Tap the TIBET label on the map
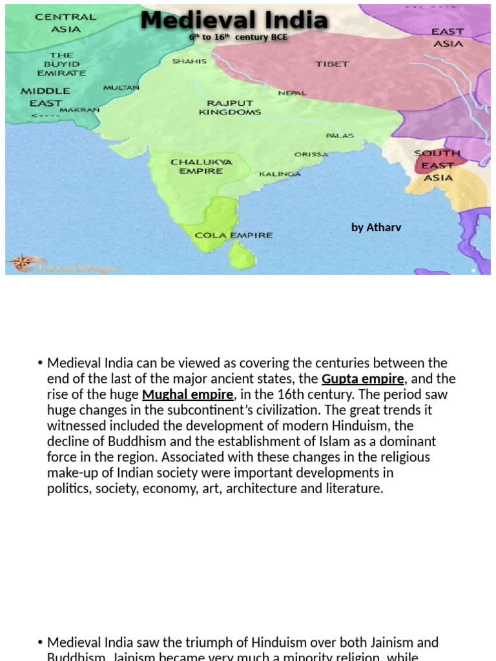pos(332,64)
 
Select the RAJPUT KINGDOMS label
pos(230,107)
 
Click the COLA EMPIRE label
pos(234,235)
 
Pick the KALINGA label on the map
pos(280,174)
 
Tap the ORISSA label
pos(311,154)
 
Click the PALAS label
pos(339,136)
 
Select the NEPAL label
pos(292,93)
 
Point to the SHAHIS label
pos(189,61)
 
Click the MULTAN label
pos(121,87)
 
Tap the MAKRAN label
pos(79,110)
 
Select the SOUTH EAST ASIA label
pos(438,165)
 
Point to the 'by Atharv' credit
pos(376,227)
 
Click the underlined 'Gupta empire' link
pos(362,379)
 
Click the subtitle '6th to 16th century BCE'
pos(238,37)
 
